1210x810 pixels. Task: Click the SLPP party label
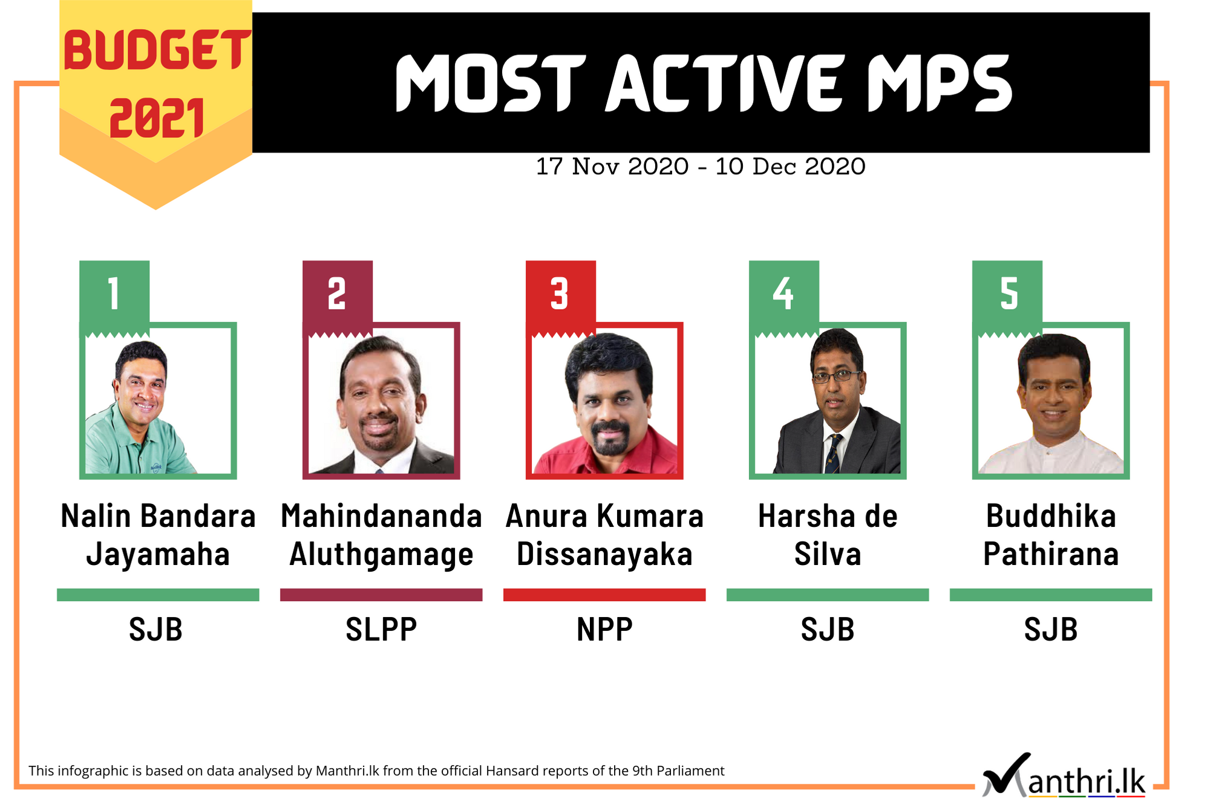pos(381,629)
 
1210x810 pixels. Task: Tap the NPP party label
pos(604,629)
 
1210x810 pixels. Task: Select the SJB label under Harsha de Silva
pos(828,629)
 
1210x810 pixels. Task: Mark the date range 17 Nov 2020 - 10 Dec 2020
pos(701,166)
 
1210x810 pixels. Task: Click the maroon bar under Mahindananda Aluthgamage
pos(381,595)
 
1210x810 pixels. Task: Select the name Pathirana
pos(1051,554)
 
